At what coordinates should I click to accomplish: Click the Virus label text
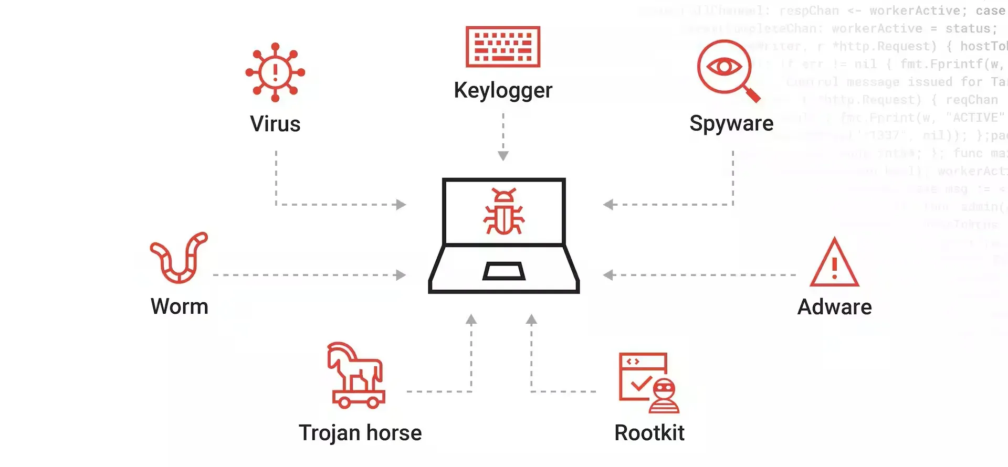coord(275,124)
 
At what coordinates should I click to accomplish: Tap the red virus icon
coord(275,72)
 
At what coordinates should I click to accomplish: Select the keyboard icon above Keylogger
coord(503,47)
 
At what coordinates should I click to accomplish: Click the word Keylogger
coord(503,90)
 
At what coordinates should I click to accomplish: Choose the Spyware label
coord(731,124)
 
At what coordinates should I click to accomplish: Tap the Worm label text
coord(180,306)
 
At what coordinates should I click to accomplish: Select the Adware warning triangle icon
coord(834,264)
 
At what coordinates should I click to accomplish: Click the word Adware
coord(834,307)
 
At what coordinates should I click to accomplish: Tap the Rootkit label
coord(649,433)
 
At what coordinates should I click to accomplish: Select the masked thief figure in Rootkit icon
coord(665,396)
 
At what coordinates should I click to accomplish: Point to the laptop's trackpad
coord(504,271)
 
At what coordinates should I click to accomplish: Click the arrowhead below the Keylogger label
coord(503,156)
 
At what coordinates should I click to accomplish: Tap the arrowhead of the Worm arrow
coord(401,275)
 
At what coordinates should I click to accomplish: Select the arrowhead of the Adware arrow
coord(608,275)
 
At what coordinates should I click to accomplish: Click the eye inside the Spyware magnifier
coord(724,67)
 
